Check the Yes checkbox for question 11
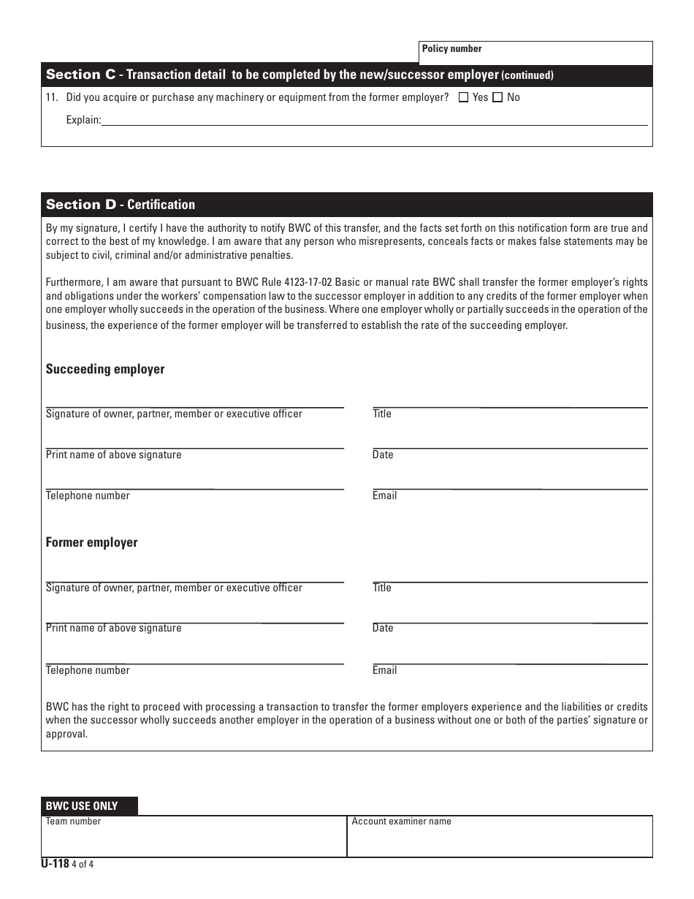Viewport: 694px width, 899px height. [463, 97]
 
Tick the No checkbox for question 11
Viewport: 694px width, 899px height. [498, 97]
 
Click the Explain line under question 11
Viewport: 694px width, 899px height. [374, 120]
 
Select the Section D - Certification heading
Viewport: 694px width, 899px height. [121, 205]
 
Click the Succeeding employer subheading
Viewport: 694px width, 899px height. [105, 369]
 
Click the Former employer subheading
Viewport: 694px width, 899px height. [91, 542]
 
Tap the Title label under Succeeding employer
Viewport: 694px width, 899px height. [382, 414]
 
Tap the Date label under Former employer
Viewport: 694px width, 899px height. [383, 628]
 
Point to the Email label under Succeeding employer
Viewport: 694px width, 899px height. [384, 496]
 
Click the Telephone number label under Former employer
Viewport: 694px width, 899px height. [88, 670]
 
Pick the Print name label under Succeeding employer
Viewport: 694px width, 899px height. [113, 455]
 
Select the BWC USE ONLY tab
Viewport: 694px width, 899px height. [89, 806]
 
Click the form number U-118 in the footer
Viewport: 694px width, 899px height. [55, 863]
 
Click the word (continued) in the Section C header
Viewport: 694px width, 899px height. [527, 75]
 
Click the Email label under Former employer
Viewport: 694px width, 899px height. [384, 670]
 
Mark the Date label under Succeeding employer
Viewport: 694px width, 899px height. [383, 455]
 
